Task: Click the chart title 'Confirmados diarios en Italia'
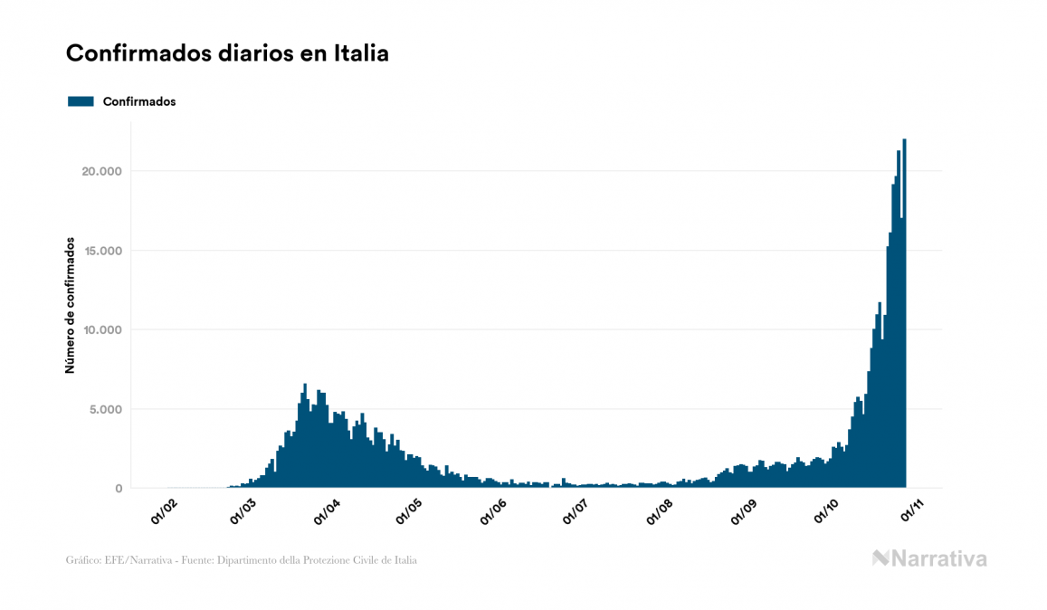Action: (x=227, y=53)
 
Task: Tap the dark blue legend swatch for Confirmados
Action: (x=81, y=101)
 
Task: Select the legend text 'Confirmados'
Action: (x=139, y=101)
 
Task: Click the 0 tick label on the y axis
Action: (x=118, y=489)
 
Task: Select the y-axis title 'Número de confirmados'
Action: (x=69, y=305)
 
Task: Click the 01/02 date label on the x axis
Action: (x=164, y=510)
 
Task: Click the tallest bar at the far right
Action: (x=905, y=317)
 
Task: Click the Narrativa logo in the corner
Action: (x=929, y=558)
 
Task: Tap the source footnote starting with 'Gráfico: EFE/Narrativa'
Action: (x=242, y=560)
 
